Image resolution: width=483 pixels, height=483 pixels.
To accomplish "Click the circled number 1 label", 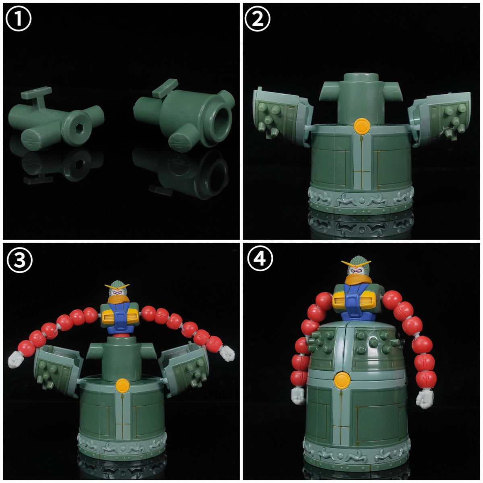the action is click(18, 18).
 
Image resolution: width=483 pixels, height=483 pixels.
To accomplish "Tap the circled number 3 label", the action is click(20, 260).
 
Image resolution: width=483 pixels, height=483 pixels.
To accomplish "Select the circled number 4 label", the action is click(260, 258).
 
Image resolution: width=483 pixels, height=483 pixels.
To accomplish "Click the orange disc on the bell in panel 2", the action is click(361, 126).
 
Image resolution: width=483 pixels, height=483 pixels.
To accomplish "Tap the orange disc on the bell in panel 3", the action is click(123, 385).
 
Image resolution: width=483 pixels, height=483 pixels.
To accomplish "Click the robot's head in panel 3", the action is click(117, 293).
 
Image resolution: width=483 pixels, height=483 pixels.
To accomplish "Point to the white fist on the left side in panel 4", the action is click(298, 398).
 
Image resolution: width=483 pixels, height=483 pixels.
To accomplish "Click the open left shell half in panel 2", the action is click(283, 116).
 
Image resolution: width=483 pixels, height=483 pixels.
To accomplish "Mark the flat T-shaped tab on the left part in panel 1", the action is click(37, 96).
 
